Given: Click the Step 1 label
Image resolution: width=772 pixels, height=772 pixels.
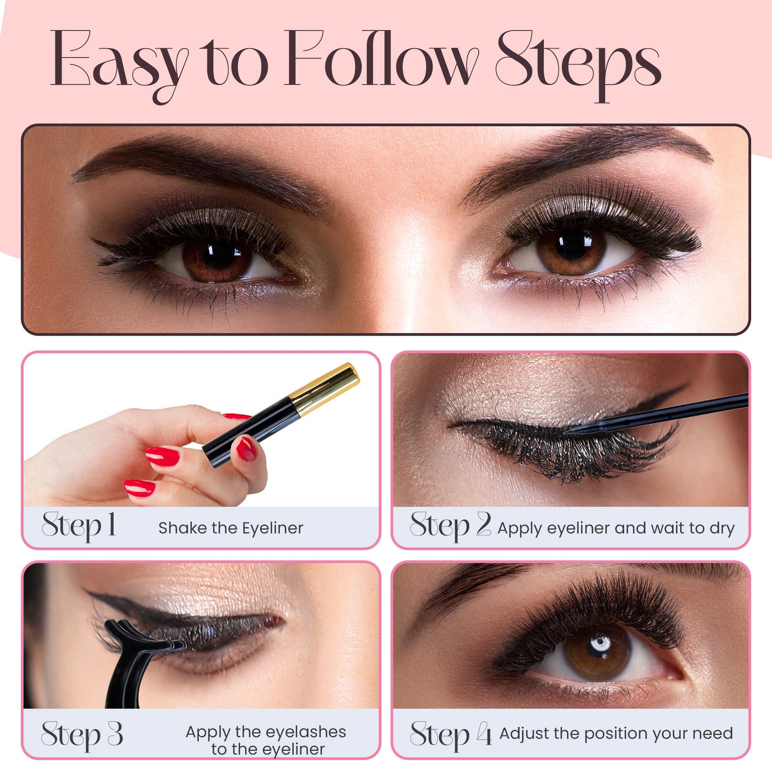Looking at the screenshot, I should (79, 526).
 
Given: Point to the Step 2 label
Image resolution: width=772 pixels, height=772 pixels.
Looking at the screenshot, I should (450, 526).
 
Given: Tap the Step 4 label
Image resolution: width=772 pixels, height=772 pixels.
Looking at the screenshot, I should (450, 735).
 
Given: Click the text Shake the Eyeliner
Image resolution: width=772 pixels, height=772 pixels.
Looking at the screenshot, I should (231, 528).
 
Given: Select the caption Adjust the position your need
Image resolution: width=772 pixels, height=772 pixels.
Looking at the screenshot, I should (616, 734).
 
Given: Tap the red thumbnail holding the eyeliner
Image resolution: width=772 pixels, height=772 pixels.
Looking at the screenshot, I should (246, 448).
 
